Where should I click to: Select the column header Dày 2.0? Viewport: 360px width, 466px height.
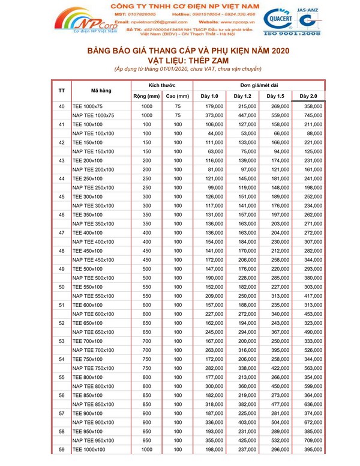pos(308,96)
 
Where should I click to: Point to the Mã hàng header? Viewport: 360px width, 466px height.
pos(101,91)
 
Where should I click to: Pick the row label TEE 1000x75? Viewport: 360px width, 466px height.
pos(88,107)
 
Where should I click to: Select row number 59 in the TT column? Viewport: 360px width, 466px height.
pos(61,449)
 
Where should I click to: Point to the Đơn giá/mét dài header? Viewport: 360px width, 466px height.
pos(258,85)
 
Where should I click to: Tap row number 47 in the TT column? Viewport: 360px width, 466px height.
pos(61,232)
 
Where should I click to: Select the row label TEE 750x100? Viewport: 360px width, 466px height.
pos(88,359)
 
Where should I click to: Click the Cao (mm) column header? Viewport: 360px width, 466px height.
pos(178,96)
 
